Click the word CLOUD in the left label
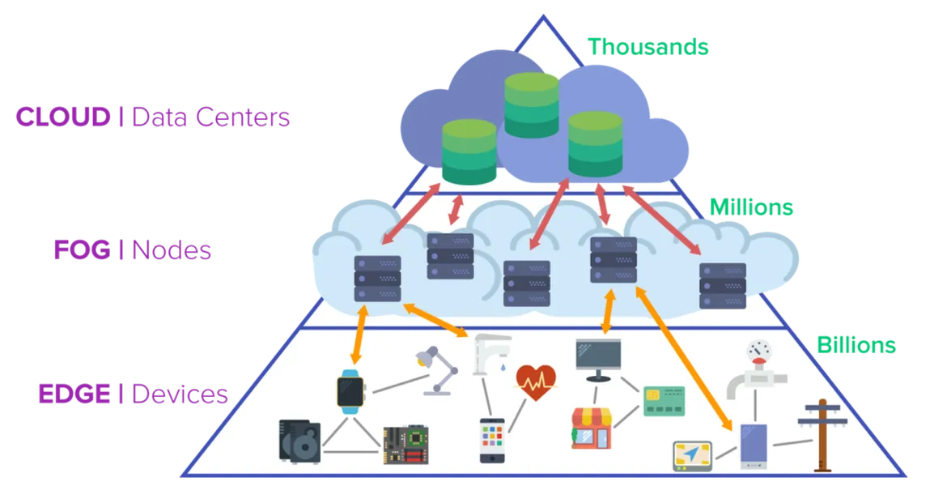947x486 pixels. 60,118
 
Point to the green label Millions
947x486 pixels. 752,208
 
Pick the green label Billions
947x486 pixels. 855,344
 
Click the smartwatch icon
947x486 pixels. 350,391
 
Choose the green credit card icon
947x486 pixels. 664,401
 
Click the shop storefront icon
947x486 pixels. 592,427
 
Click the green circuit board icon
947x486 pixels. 405,443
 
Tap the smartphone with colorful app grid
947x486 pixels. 492,440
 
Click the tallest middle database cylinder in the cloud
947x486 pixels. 531,105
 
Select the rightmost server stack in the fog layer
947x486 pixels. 722,285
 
